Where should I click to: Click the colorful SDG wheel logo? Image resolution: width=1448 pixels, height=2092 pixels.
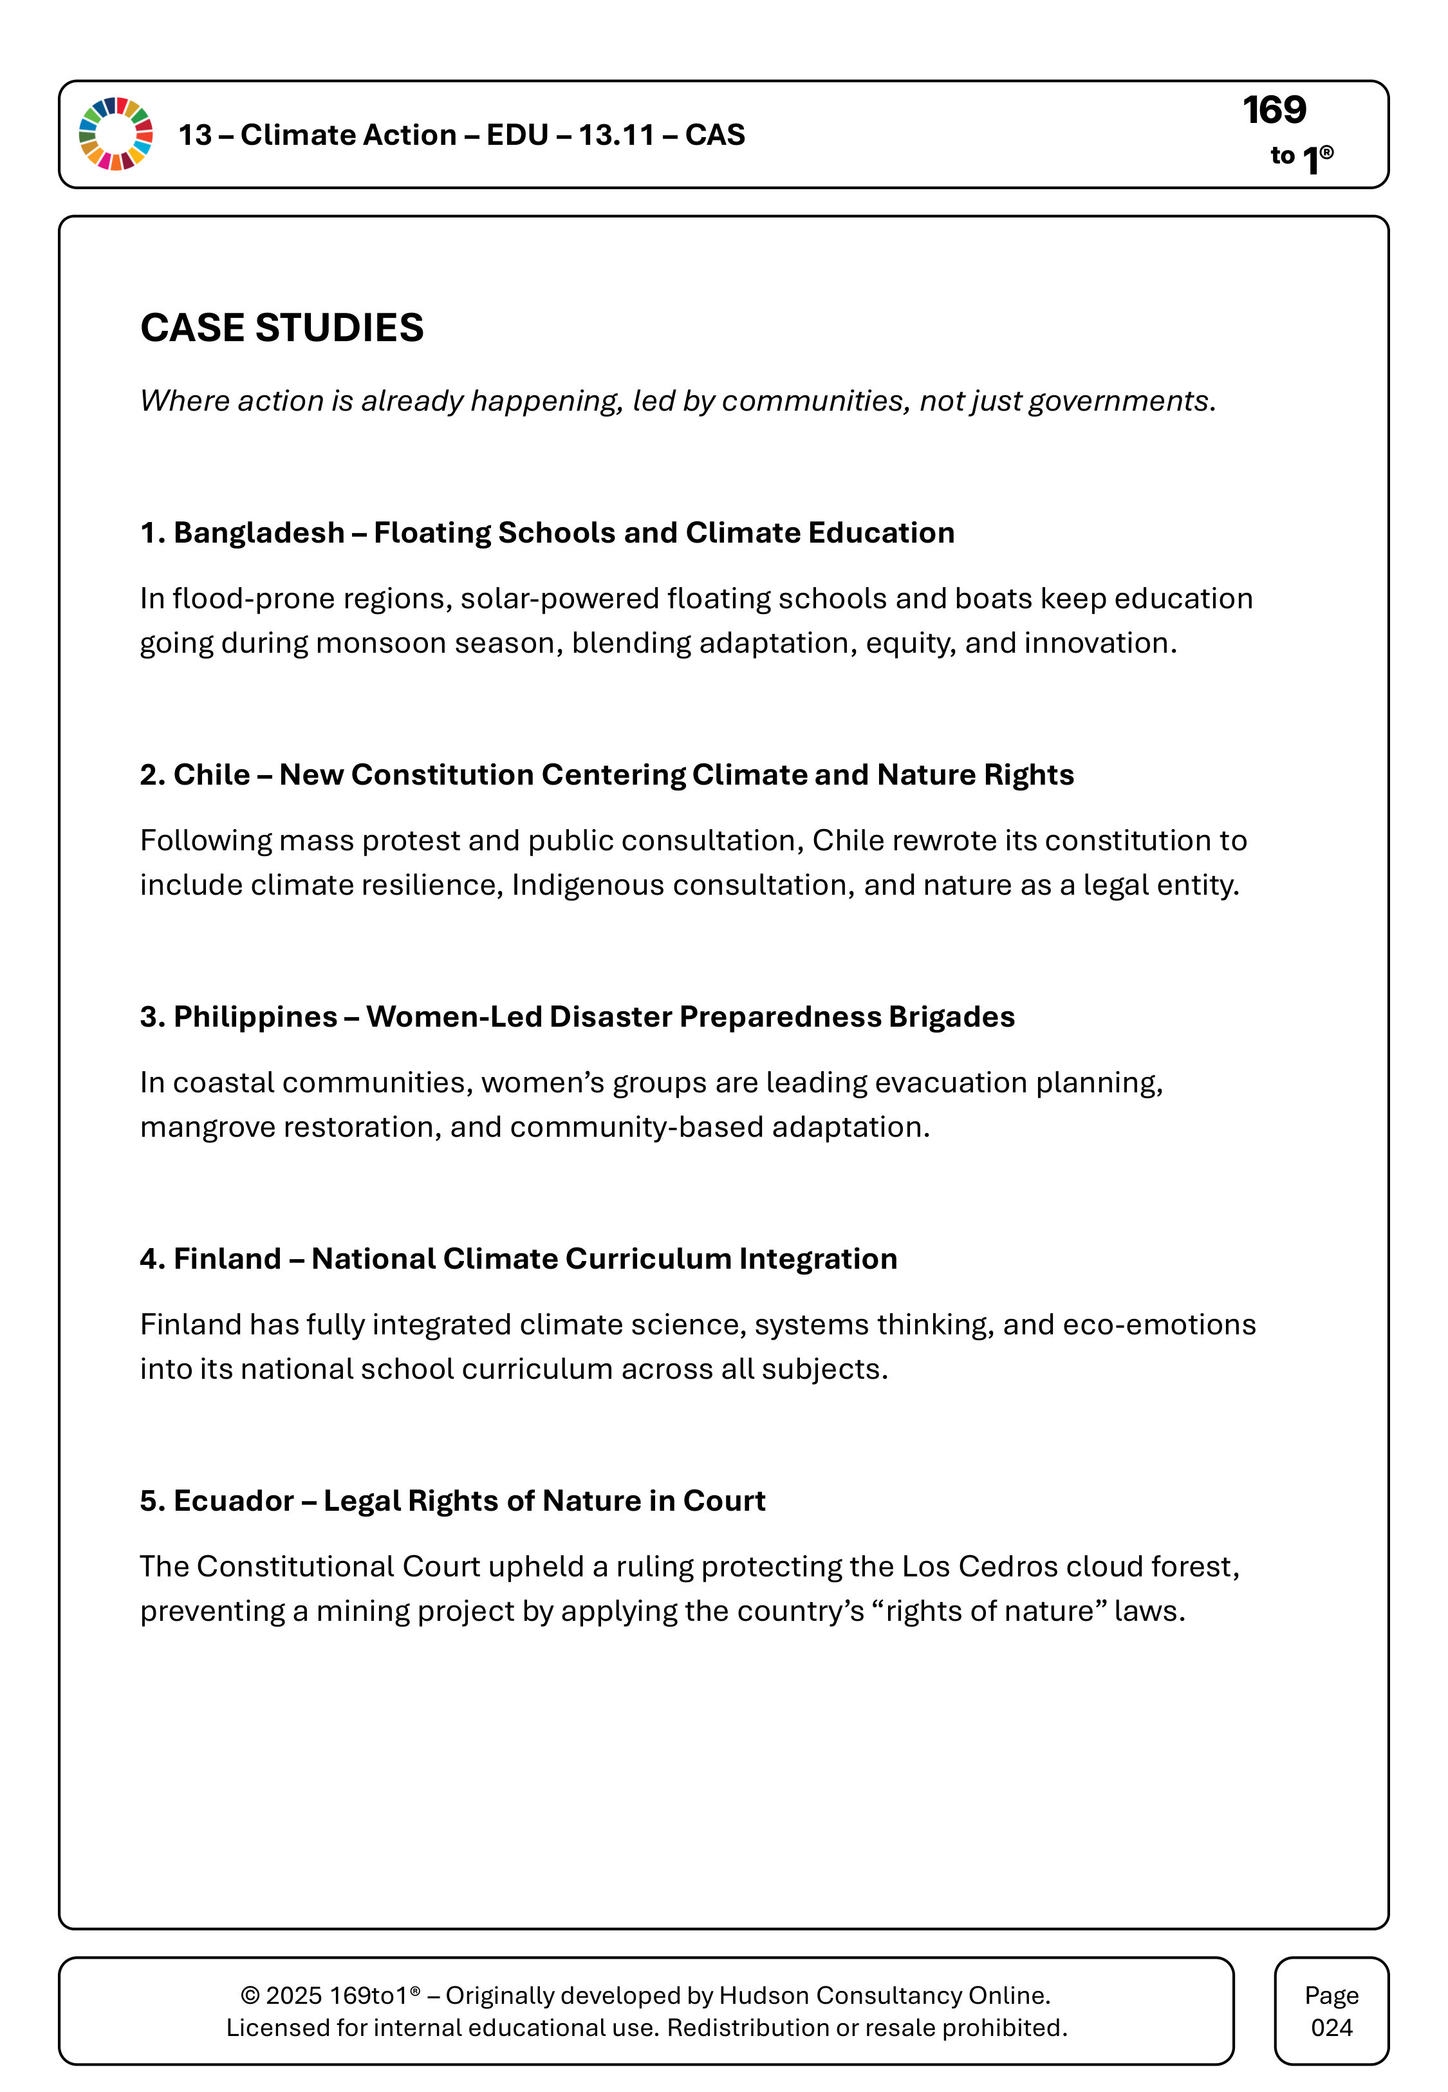[x=116, y=135]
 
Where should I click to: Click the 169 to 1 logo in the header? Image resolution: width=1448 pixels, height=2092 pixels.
[x=1286, y=135]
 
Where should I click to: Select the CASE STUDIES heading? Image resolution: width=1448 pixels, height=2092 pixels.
[x=281, y=328]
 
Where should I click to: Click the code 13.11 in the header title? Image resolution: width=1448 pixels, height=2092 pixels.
[x=616, y=135]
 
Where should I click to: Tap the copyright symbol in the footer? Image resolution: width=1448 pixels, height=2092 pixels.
[x=250, y=1996]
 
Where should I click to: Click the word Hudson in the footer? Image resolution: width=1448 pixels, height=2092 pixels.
[x=764, y=1996]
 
